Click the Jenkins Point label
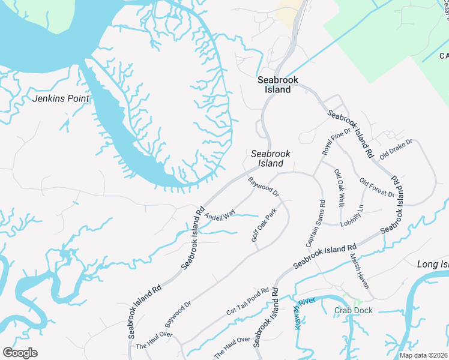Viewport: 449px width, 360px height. click(61, 98)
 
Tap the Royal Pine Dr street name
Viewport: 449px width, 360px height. click(336, 142)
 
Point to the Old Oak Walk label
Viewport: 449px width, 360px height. click(339, 188)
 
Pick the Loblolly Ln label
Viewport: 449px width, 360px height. click(352, 216)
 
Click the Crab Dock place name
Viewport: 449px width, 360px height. click(354, 310)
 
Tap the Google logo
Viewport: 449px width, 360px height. click(20, 353)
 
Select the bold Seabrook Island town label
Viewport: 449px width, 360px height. click(274, 85)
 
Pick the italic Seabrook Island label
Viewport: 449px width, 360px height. click(271, 158)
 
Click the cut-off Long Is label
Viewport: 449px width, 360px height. click(432, 265)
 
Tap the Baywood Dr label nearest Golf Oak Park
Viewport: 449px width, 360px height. click(264, 186)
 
